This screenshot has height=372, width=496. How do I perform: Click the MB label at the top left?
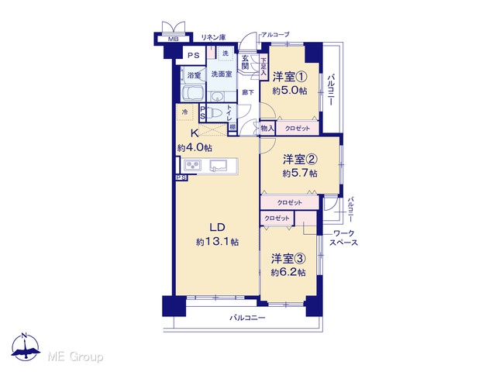[x=173, y=40]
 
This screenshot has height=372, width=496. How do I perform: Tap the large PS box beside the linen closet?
[x=194, y=56]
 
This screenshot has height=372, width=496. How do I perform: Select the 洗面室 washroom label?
[x=222, y=74]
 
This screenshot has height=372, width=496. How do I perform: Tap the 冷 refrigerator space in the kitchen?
[x=185, y=112]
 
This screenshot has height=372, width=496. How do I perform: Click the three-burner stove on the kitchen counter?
[x=193, y=166]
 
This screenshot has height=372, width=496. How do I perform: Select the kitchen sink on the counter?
[x=218, y=166]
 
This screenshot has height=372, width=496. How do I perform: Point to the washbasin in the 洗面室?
[x=217, y=96]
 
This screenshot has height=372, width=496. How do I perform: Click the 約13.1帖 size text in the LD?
[x=217, y=243]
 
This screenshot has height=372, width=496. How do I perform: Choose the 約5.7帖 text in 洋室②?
[x=300, y=174]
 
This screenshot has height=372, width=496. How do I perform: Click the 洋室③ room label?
[x=288, y=259]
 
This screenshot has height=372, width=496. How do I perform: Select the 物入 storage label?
[x=267, y=129]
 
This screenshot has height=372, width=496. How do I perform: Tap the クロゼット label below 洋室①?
[x=298, y=129]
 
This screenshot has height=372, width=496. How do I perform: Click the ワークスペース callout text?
[x=344, y=238]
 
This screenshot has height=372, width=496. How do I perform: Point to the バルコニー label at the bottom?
[x=248, y=318]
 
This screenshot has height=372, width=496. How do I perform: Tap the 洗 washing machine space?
[x=226, y=53]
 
